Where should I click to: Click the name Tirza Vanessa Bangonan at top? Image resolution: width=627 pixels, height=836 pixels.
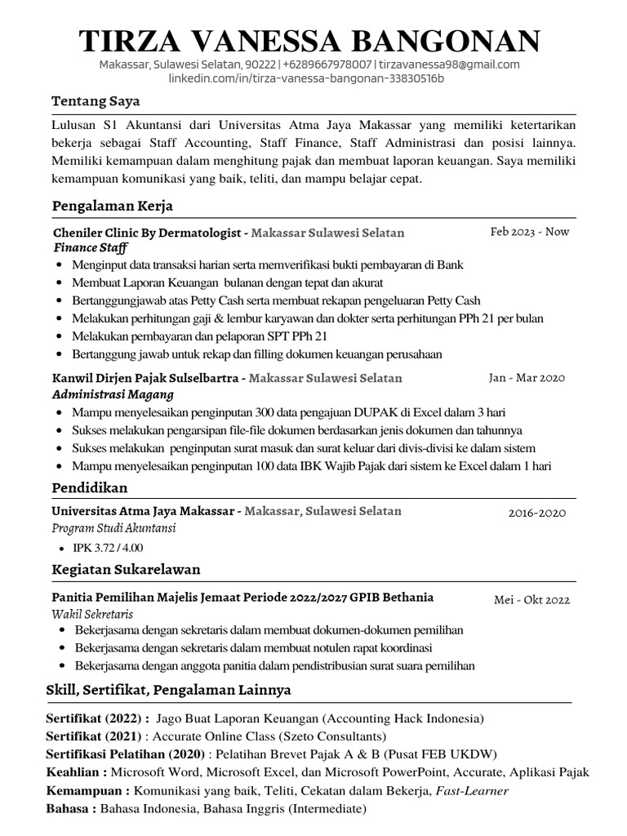(x=309, y=41)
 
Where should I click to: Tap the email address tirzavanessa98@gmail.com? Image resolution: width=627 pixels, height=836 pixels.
(x=448, y=64)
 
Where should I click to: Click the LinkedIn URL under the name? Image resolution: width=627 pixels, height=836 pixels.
(x=306, y=78)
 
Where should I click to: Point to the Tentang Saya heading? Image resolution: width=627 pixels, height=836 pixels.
(x=96, y=102)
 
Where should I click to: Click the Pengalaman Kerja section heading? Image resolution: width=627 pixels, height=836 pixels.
(x=112, y=206)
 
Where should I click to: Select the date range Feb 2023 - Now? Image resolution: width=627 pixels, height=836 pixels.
(x=529, y=232)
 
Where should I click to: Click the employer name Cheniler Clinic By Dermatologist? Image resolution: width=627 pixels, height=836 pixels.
(x=148, y=233)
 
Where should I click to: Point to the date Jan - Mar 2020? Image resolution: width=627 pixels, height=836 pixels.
(x=527, y=378)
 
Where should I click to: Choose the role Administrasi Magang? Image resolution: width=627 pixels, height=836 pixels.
(x=108, y=394)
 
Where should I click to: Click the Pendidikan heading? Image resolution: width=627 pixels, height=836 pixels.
(x=90, y=487)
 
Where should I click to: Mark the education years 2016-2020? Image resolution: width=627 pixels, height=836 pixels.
(x=536, y=514)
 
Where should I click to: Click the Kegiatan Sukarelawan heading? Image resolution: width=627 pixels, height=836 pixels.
(x=126, y=569)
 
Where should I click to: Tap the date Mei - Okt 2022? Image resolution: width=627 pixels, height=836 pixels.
(x=531, y=600)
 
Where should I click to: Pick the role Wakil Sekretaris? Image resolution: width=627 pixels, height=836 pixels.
(x=92, y=614)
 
